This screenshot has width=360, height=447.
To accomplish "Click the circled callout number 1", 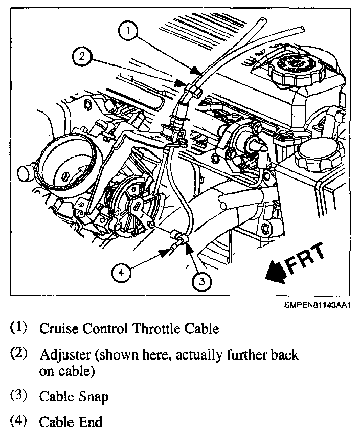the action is pos(128,30).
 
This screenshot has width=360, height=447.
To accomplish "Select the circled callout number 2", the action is pos(82,56).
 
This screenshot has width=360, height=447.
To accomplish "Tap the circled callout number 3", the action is pos(202,281).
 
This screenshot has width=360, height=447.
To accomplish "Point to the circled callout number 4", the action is pos(121,273).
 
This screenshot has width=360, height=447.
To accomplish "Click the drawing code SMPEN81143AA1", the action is pos(317,305).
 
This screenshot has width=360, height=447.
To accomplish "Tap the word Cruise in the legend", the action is pos(58,329).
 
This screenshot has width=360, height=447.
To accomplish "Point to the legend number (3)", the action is pos(19,396).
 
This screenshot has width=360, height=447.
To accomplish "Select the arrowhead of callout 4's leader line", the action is pos(165,252).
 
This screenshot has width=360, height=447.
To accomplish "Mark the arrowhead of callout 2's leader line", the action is pos(180,83).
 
